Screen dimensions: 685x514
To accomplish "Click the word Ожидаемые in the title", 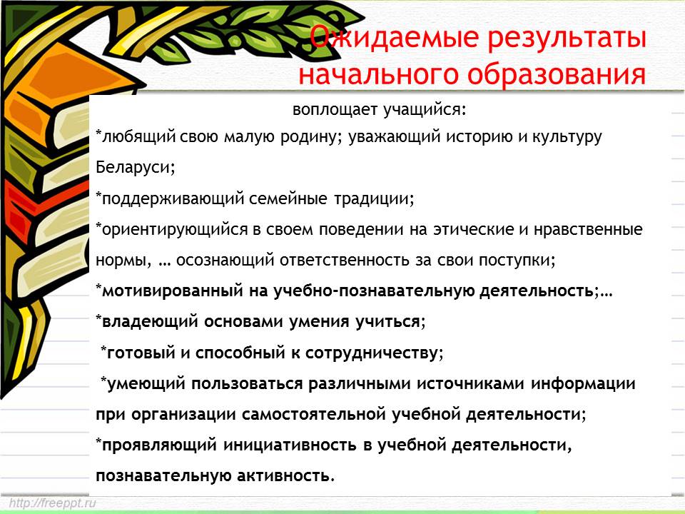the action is point(394,38).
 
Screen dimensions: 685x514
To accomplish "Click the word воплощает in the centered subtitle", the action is point(335,110).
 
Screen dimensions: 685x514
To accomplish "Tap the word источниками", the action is point(470,384).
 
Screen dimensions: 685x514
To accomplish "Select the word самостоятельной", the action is point(314,414).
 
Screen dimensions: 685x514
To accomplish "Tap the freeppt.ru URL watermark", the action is point(52,503).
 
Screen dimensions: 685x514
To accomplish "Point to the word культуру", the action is point(567,138).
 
